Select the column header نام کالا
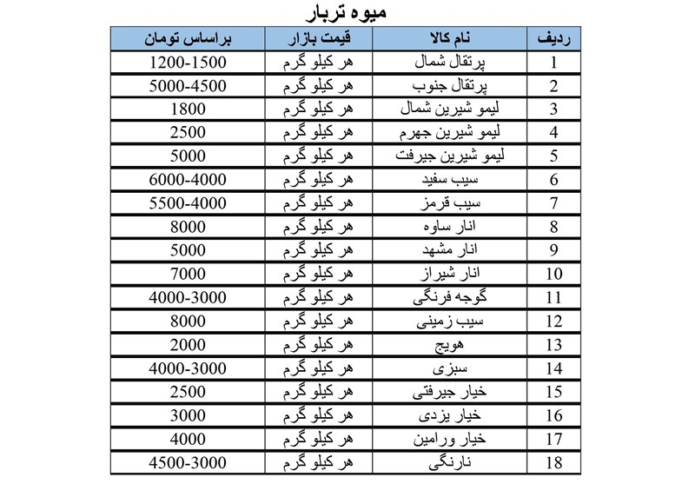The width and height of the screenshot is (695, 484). tap(451, 39)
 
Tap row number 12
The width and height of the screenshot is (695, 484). tap(554, 321)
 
